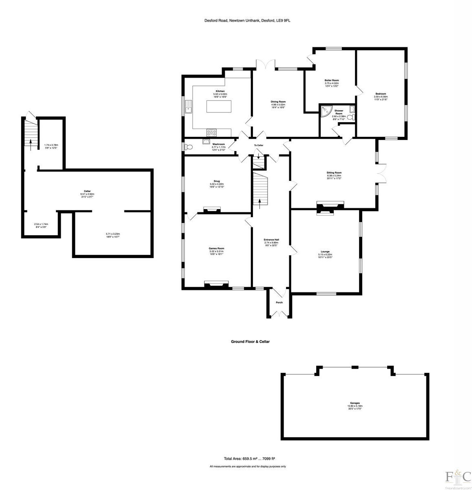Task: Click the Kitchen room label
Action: [220, 91]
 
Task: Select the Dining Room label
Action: [278, 102]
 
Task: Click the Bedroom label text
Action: [381, 94]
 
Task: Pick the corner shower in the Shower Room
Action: [325, 111]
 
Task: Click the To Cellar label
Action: [259, 145]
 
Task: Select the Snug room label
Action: [217, 181]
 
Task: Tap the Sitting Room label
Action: [334, 173]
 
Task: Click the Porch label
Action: [279, 303]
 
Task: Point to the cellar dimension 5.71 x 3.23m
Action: [113, 234]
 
